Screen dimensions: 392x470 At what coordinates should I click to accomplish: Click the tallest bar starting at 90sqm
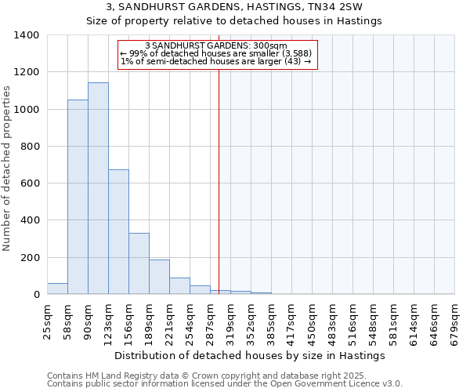(x=98, y=188)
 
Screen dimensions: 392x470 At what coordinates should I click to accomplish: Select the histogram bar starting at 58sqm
(x=78, y=197)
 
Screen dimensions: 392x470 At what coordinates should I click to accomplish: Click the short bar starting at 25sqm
(x=57, y=289)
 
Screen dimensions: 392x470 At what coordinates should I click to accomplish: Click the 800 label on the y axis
(x=30, y=147)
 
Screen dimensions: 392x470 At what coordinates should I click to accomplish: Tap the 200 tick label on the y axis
(x=30, y=258)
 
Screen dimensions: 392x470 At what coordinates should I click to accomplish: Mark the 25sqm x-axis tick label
(x=48, y=321)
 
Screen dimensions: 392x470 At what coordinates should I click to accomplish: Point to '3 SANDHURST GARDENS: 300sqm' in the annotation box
(x=216, y=45)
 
